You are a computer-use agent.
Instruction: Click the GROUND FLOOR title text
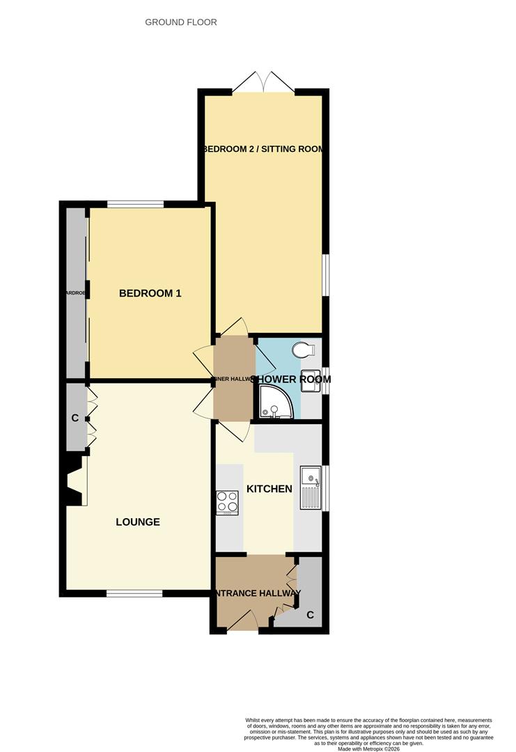(x=180, y=22)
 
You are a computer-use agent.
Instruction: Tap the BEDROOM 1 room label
(x=150, y=293)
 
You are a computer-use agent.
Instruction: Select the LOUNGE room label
(x=138, y=522)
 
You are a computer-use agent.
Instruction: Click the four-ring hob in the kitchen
(x=228, y=503)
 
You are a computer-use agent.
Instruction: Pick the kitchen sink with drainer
(x=311, y=487)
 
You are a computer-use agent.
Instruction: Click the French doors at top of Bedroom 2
(x=263, y=82)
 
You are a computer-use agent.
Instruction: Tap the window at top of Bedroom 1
(x=135, y=204)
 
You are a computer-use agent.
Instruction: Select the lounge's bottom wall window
(x=134, y=593)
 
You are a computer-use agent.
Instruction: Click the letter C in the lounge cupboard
(x=75, y=418)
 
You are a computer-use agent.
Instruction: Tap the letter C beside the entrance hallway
(x=310, y=614)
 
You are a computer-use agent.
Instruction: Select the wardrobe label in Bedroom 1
(x=75, y=293)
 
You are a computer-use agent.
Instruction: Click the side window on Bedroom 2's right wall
(x=325, y=274)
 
